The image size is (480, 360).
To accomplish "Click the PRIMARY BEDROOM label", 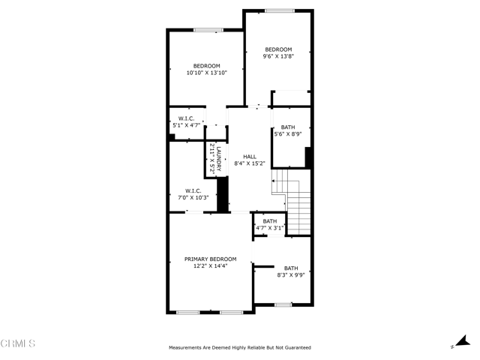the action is tap(210, 259).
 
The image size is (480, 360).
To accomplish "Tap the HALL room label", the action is tap(250, 157).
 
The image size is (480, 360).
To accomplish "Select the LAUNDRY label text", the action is tap(219, 159).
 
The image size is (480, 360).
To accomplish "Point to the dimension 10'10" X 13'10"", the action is tap(207, 73).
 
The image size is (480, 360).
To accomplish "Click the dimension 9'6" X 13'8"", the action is tap(278, 56).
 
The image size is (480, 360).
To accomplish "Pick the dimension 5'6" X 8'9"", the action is tap(288, 133).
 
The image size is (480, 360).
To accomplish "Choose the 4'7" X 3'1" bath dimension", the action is tap(270, 228).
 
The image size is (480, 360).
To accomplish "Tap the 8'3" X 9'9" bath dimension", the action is tap(291, 275).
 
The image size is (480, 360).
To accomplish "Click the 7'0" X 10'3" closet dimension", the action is tap(193, 197).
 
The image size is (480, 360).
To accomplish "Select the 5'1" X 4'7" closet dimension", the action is tap(187, 125).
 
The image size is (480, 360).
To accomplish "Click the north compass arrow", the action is tap(463, 341).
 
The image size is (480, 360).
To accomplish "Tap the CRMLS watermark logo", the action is tap(18, 343).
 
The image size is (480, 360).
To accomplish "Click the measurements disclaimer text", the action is tap(240, 347).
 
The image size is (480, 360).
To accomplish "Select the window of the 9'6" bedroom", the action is tap(280, 11).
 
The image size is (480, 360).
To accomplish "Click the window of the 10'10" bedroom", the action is tap(208, 30).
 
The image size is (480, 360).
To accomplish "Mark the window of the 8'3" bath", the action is tap(283, 304).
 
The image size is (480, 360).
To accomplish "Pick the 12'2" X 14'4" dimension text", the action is tap(210, 265).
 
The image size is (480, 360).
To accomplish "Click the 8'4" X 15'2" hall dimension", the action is tap(250, 163).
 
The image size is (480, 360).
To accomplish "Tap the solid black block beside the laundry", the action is tap(223, 194).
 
